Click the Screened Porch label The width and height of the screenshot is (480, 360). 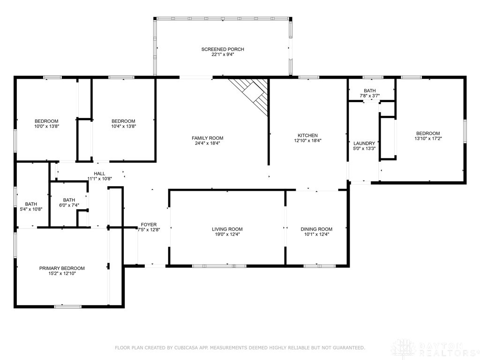223,49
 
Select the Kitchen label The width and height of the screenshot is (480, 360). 307,135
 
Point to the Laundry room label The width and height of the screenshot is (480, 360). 364,143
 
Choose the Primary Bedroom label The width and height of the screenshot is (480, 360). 62,268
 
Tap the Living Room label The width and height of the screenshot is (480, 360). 227,229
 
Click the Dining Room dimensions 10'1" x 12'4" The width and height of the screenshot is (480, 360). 316,235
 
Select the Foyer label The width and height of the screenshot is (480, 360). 149,225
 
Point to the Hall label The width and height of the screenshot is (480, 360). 99,173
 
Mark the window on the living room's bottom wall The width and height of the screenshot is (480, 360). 219,266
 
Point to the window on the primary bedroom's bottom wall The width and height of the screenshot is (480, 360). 68,307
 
